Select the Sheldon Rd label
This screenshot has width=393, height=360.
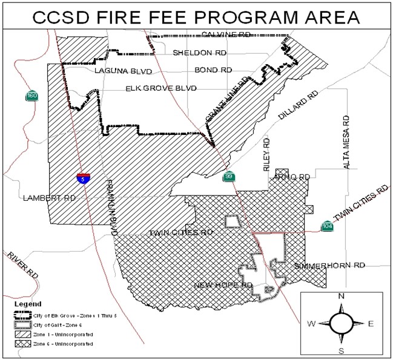coord(199,53)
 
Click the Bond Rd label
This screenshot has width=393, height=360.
coord(214,70)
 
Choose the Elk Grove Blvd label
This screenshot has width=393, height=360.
coord(161,88)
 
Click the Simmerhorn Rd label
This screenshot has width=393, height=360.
coord(330,266)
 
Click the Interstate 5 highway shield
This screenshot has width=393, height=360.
coord(84,178)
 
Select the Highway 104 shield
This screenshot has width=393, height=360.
coord(327,226)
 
